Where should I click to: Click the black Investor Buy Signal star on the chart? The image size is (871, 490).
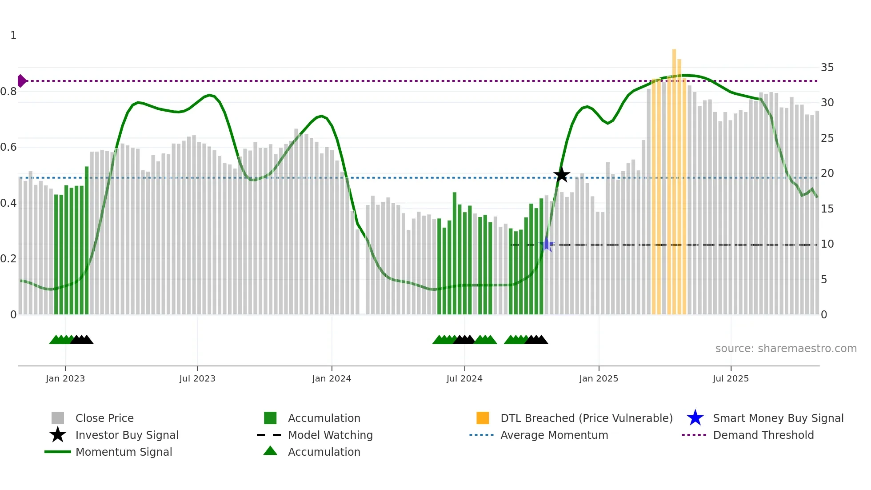pyautogui.click(x=561, y=175)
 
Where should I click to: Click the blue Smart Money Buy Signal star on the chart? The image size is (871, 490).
pyautogui.click(x=547, y=245)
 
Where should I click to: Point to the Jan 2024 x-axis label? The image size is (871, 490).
pyautogui.click(x=332, y=378)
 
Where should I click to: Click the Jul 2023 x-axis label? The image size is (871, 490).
pyautogui.click(x=197, y=378)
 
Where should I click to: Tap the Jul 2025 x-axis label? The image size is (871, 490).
pyautogui.click(x=731, y=378)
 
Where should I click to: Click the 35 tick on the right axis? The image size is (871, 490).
pyautogui.click(x=827, y=68)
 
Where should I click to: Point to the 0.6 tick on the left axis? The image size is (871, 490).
pyautogui.click(x=9, y=147)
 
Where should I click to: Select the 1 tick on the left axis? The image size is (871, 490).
pyautogui.click(x=13, y=36)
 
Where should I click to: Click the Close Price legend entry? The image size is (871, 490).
pyautogui.click(x=104, y=418)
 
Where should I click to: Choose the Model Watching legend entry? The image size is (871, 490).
pyautogui.click(x=330, y=435)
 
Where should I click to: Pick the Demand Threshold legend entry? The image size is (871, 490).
pyautogui.click(x=763, y=435)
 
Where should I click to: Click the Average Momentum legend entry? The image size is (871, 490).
pyautogui.click(x=554, y=435)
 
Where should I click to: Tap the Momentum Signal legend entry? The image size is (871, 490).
pyautogui.click(x=124, y=452)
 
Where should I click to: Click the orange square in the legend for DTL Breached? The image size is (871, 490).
pyautogui.click(x=483, y=418)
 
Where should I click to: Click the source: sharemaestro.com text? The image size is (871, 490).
pyautogui.click(x=786, y=349)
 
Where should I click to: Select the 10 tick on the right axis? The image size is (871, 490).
pyautogui.click(x=827, y=244)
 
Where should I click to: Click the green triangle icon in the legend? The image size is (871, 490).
pyautogui.click(x=270, y=451)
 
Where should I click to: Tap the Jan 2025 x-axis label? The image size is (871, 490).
pyautogui.click(x=599, y=378)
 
